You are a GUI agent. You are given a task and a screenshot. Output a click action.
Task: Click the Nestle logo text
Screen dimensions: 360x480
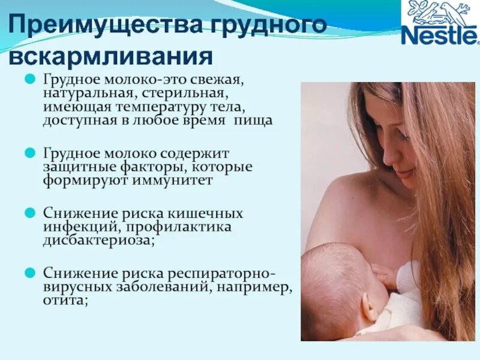pos(440,35)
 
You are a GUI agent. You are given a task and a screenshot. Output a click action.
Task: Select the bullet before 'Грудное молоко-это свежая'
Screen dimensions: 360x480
pos(29,79)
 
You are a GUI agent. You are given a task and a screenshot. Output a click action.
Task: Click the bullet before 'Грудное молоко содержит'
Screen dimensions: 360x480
pos(29,153)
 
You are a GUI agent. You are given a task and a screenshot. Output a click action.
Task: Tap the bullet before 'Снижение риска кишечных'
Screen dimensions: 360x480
pos(29,213)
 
